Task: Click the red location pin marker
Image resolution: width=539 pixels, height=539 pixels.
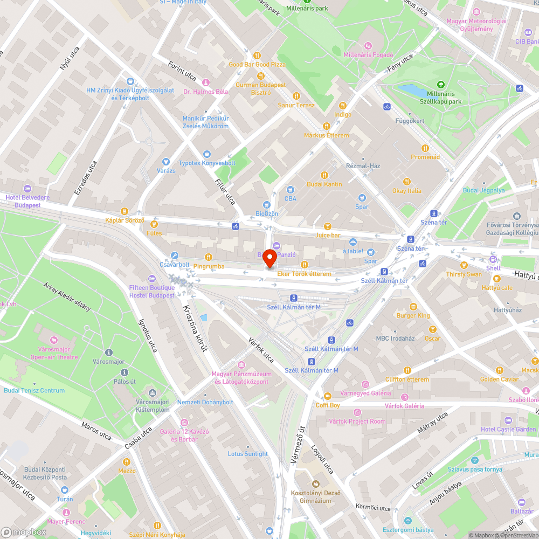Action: tap(269, 259)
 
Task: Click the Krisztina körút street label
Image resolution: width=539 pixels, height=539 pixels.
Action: tap(195, 328)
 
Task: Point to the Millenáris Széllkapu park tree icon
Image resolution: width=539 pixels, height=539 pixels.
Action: tap(440, 84)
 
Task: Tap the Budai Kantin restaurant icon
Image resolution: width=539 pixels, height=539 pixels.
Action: tap(324, 175)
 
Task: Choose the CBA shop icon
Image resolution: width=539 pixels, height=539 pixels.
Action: tap(291, 190)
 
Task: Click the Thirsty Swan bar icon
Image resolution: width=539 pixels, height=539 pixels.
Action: tap(464, 265)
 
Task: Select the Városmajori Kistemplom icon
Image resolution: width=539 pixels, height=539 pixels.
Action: tap(153, 393)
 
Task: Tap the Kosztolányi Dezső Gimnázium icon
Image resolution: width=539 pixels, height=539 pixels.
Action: tap(315, 484)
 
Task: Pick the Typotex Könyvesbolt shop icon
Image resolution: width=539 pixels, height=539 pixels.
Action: tap(206, 154)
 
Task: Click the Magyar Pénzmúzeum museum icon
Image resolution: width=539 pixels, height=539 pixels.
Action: tap(241, 365)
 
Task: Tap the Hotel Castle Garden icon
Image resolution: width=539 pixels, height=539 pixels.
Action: tap(508, 420)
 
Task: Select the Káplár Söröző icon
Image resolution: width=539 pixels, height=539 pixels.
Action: tap(125, 211)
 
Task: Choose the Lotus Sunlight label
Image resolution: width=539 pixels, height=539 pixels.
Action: tap(247, 454)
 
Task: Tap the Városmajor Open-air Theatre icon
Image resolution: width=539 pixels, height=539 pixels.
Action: tap(54, 340)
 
